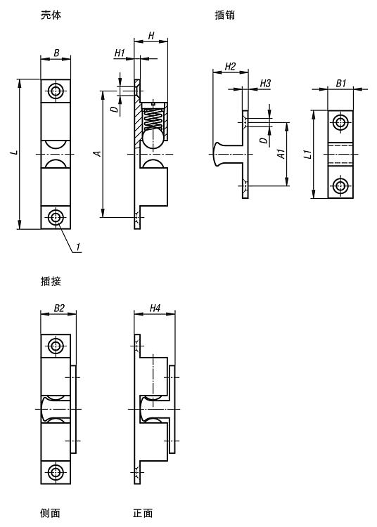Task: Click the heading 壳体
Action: (x=51, y=15)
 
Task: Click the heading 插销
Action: (x=224, y=15)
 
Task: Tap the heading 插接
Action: (x=51, y=281)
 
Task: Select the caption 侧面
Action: (x=50, y=513)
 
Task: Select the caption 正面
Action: (x=143, y=513)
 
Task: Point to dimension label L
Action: (x=14, y=152)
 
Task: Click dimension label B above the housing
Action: (x=56, y=53)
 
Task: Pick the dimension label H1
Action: (x=120, y=53)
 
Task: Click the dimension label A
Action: (x=97, y=154)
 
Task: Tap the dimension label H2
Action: (x=231, y=67)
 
